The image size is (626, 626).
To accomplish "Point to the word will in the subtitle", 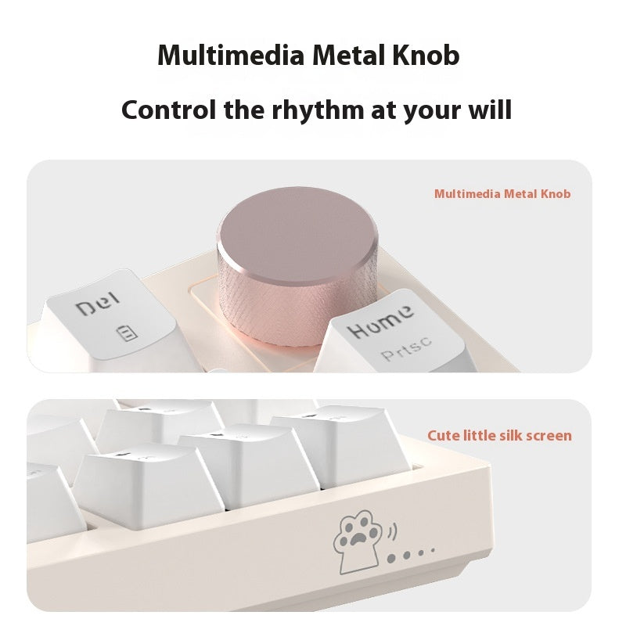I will pyautogui.click(x=488, y=109).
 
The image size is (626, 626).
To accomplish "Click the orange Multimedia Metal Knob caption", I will pyautogui.click(x=502, y=194).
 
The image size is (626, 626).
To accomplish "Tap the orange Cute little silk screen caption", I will pyautogui.click(x=499, y=435).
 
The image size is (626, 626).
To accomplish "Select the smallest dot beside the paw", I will pyautogui.click(x=432, y=551).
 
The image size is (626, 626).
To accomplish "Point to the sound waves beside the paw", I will pyautogui.click(x=391, y=532).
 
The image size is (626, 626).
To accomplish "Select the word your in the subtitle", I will pyautogui.click(x=431, y=109).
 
